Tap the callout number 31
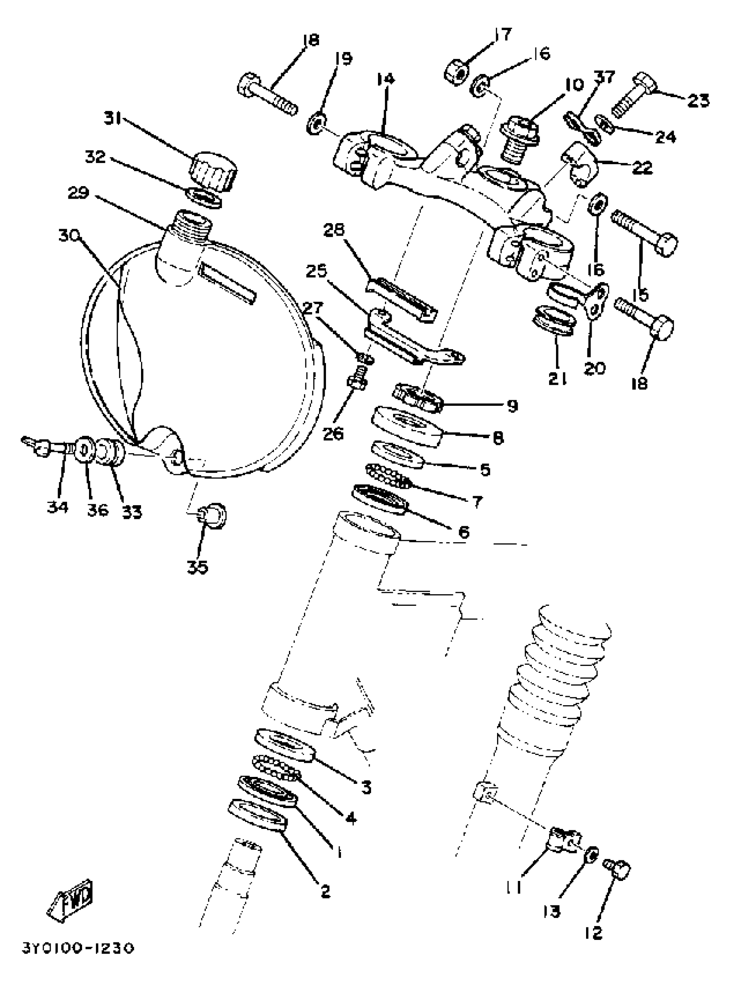[114, 119]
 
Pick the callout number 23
[698, 101]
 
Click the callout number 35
[197, 567]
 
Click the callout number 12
[593, 933]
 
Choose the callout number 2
[325, 891]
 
